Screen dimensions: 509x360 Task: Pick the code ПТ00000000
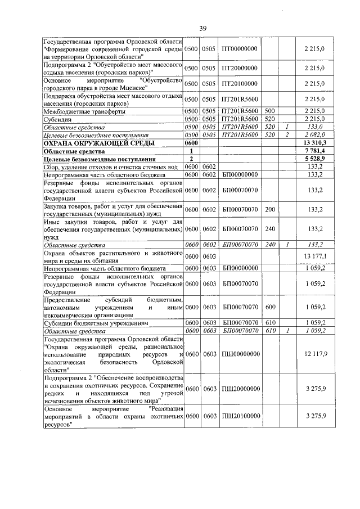240,48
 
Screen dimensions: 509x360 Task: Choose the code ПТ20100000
240,84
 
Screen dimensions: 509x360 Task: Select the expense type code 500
269,111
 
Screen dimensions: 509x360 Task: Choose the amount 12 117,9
314,353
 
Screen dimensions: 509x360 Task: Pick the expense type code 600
269,307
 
